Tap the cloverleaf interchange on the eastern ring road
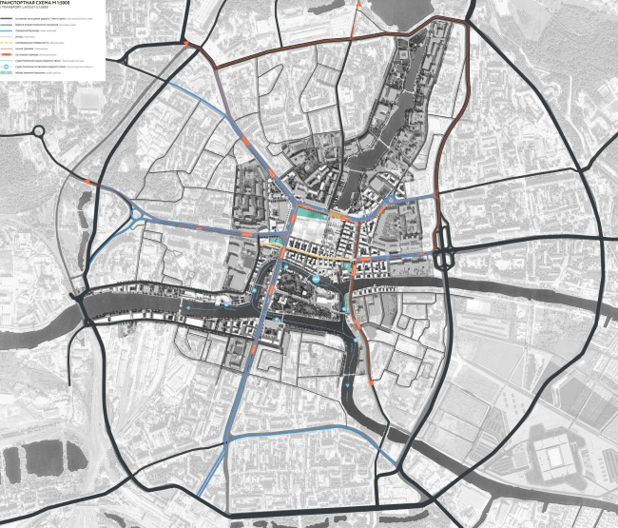(x=443, y=257)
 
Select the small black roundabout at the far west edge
(x=39, y=133)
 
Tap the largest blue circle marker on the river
(x=226, y=303)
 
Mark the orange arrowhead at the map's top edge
(x=358, y=5)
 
